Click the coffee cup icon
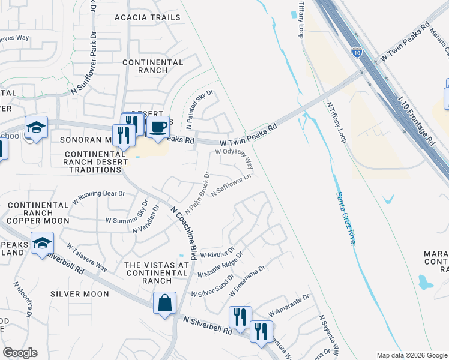pos(158,127)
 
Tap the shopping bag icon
pos(164,303)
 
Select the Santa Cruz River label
pos(345,218)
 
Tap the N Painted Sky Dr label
pos(200,109)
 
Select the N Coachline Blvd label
pos(184,233)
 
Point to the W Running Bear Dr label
pos(98,194)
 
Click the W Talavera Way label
pos(87,257)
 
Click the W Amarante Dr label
pos(288,305)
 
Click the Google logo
pos(20,353)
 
